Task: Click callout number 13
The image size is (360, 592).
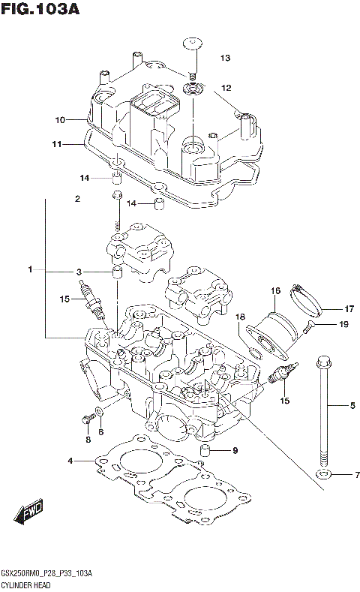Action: pos(225,59)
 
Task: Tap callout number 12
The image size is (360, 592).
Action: pos(225,88)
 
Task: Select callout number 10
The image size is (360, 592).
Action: pos(60,119)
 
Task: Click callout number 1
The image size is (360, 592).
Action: pos(31,269)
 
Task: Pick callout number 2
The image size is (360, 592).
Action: pos(76,199)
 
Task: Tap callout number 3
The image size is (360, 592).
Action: pos(78,272)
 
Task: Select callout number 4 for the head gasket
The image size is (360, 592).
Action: pos(70,460)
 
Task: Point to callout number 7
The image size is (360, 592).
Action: pos(357,475)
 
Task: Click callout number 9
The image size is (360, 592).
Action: pos(235,450)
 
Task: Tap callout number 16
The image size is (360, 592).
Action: pos(275,290)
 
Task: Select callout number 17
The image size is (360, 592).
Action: pos(349,307)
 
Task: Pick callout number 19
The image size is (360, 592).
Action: pos(344,324)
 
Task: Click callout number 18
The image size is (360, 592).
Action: pos(241,317)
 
